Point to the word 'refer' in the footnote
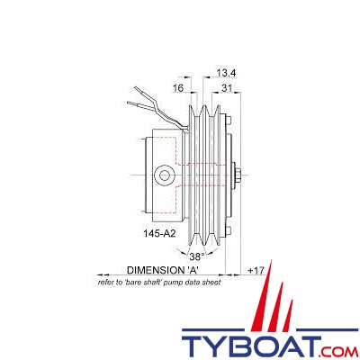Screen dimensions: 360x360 tap(107, 283)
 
